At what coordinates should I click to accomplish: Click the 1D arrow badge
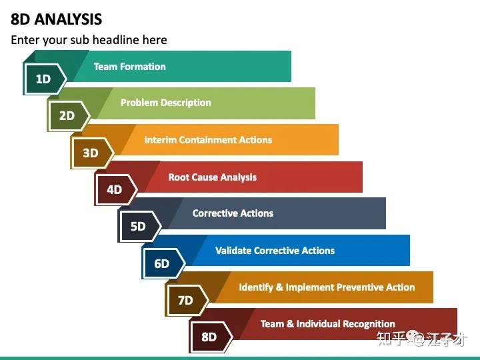[x=45, y=79]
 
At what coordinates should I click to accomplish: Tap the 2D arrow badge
[x=69, y=116]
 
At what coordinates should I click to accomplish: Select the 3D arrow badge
[x=93, y=153]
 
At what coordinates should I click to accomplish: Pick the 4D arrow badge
[x=116, y=190]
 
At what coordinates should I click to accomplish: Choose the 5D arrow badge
[x=140, y=227]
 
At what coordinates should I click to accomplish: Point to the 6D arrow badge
[x=164, y=263]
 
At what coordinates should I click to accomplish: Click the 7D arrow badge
[x=187, y=300]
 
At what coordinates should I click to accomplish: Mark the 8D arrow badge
[x=211, y=337]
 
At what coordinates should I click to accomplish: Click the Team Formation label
[x=130, y=67]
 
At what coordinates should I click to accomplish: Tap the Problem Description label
[x=165, y=103]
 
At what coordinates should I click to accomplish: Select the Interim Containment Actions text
[x=208, y=140]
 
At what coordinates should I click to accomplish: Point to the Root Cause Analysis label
[x=213, y=177]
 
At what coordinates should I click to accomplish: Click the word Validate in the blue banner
[x=233, y=251]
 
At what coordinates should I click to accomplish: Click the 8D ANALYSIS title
[x=56, y=19]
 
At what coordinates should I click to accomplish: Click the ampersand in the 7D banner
[x=279, y=287]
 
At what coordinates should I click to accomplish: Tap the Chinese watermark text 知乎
[x=391, y=339]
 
